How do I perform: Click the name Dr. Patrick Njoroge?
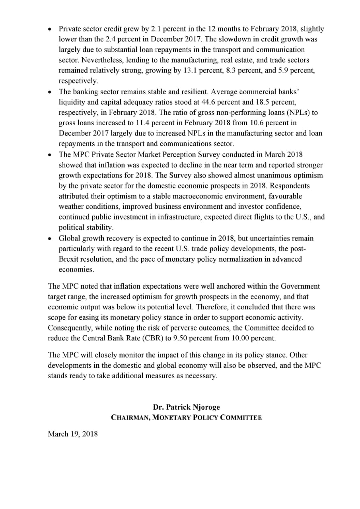coord(186,407)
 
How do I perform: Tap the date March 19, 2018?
coord(72,433)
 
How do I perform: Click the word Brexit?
coord(69,259)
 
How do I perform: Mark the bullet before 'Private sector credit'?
coord(49,29)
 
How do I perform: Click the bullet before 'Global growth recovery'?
coord(49,239)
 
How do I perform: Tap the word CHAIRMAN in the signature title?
coord(131,418)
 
